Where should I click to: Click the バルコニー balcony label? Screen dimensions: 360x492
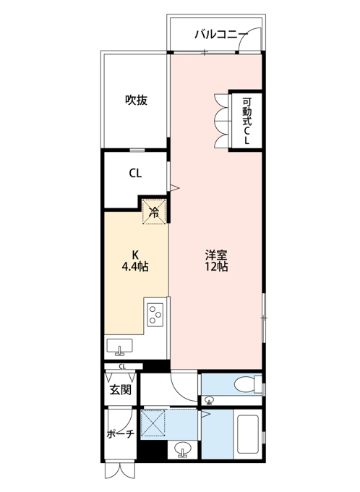point(219,34)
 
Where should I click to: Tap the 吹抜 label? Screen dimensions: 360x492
point(137,100)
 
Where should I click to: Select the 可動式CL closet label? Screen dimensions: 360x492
point(247,121)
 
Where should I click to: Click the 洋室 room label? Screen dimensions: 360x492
point(216,254)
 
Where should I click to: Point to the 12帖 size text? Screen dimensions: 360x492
point(216,266)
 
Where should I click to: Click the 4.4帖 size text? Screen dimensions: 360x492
point(135,266)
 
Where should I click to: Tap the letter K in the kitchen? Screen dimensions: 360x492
point(135,254)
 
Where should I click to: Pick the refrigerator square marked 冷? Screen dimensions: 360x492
point(154,212)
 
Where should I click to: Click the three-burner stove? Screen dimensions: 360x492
point(155,315)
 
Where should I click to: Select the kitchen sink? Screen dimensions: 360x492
point(119,347)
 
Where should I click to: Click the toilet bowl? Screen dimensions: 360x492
point(245,384)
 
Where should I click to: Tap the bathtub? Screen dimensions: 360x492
point(248,434)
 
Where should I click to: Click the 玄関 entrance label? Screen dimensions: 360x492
point(121,390)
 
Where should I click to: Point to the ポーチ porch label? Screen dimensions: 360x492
point(121,434)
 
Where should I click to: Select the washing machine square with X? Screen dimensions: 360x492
point(153,423)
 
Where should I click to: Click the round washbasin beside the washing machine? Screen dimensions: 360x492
point(182,449)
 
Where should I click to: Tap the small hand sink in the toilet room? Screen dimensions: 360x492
point(210,400)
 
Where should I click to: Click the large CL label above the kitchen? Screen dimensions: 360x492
point(135,173)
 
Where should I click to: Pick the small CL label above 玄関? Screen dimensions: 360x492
point(122,366)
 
